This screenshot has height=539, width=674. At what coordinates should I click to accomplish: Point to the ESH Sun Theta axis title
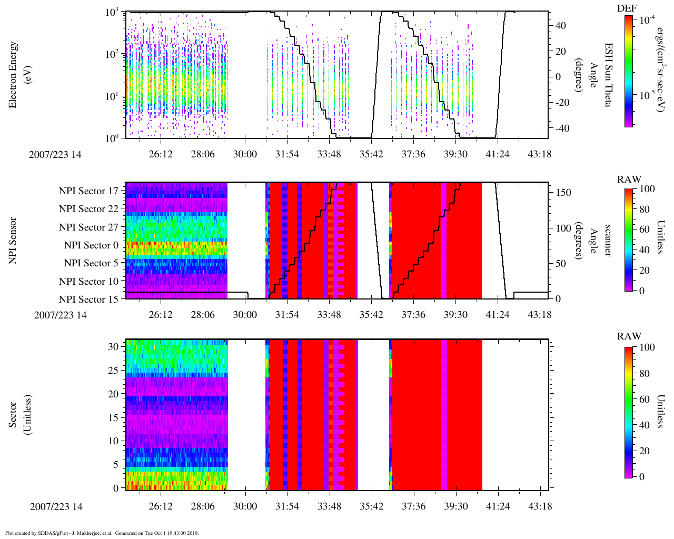(608, 75)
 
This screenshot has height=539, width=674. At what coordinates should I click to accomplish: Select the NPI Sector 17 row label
(88, 191)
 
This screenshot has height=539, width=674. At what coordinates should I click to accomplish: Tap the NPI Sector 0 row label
(91, 245)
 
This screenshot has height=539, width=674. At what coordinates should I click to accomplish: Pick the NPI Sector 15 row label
(88, 300)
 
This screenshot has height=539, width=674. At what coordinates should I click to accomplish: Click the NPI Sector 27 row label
(88, 227)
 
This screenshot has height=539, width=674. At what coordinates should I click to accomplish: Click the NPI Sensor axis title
(13, 241)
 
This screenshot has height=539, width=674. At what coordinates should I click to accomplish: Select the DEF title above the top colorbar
(627, 8)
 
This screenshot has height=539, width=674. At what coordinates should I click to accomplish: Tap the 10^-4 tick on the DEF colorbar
(645, 20)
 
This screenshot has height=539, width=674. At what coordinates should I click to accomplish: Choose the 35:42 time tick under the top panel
(371, 154)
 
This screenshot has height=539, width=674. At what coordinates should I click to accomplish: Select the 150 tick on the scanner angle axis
(564, 193)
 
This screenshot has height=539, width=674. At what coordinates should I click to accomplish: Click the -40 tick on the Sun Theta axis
(559, 128)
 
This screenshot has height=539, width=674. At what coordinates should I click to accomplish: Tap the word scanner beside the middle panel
(608, 241)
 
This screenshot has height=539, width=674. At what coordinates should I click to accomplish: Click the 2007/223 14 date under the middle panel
(61, 315)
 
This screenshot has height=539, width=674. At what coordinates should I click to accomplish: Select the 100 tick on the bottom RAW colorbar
(647, 347)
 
